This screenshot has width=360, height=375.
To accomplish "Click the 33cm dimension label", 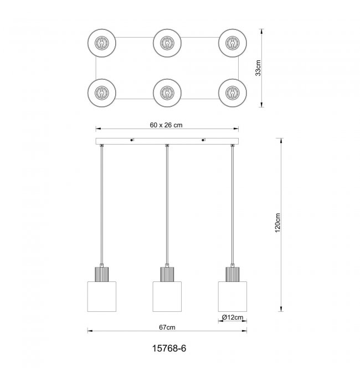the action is pyautogui.click(x=258, y=68).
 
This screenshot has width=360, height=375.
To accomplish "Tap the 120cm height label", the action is pyautogui.click(x=277, y=223).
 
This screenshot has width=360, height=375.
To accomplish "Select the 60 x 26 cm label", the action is pyautogui.click(x=166, y=125).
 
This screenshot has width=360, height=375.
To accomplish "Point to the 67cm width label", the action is pyautogui.click(x=167, y=327).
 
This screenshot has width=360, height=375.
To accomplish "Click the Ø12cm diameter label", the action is pyautogui.click(x=232, y=317).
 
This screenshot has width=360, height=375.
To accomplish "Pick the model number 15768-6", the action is pyautogui.click(x=169, y=348).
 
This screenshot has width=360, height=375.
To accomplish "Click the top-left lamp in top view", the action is pyautogui.click(x=102, y=43).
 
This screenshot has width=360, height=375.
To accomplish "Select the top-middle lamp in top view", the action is pyautogui.click(x=167, y=43).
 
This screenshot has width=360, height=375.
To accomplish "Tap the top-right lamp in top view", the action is pyautogui.click(x=233, y=43).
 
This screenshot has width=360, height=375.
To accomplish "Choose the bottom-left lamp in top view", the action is pyautogui.click(x=102, y=93).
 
